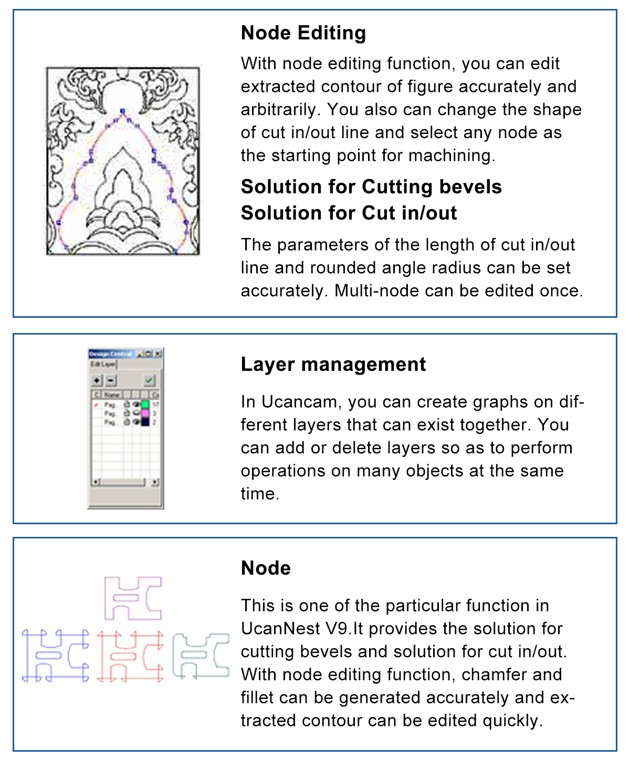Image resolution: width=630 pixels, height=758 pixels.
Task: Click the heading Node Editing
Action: (303, 33)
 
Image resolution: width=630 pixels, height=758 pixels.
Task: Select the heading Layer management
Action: (333, 365)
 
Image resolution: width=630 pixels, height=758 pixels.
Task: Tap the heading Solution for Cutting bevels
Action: (371, 187)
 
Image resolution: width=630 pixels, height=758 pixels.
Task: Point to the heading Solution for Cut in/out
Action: (349, 213)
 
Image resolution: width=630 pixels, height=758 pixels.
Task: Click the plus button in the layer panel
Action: (97, 380)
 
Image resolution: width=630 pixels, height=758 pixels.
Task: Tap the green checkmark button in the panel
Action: (150, 380)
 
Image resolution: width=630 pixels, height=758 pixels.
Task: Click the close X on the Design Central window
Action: (157, 354)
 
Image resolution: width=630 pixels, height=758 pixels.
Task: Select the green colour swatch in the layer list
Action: (145, 404)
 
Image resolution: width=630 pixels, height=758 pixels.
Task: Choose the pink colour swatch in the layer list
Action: (145, 413)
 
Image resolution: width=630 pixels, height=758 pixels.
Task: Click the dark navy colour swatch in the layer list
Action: (145, 422)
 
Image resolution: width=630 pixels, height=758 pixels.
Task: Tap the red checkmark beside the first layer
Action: (96, 405)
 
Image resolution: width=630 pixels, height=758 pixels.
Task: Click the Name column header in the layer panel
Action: (112, 394)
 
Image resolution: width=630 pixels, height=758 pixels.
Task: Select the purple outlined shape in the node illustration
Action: (133, 598)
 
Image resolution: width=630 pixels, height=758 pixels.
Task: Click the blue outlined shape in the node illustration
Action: (55, 655)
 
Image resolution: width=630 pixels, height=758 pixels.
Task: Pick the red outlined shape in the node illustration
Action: (130, 656)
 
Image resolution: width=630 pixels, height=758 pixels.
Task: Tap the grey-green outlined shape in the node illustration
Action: (201, 655)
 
